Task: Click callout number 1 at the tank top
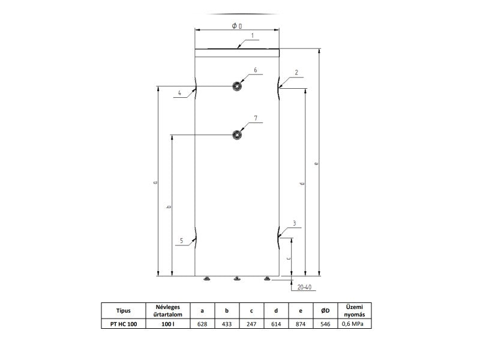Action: pos(253,36)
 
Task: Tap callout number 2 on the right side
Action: pos(296,73)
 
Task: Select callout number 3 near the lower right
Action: pos(295,223)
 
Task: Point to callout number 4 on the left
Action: pos(179,93)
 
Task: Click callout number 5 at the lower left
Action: pos(182,241)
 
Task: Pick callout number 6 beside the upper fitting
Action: pos(256,70)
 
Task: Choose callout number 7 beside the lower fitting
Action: pos(256,118)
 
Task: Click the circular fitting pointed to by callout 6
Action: pos(236,86)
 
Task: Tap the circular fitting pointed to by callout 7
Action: pos(236,134)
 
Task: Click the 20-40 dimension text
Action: pos(304,287)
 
